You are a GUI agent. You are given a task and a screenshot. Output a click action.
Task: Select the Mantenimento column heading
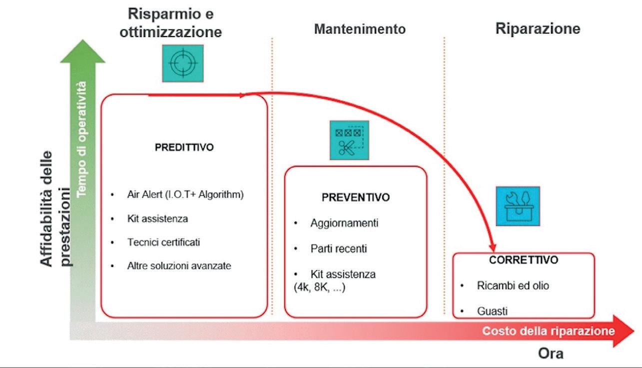[360, 29]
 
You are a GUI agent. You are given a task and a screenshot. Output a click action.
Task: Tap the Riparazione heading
[538, 29]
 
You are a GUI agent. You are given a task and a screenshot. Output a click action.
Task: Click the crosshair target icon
[182, 63]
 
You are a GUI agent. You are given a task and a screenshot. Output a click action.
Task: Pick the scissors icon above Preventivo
[349, 140]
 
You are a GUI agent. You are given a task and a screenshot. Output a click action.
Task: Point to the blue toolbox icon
[518, 206]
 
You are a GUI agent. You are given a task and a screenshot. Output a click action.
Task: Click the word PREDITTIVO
[184, 147]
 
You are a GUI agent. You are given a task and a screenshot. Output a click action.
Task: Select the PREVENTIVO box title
[355, 197]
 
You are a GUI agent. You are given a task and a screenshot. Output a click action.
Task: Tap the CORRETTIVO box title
[524, 260]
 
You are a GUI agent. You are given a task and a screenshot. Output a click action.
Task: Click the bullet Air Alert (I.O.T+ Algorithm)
[185, 195]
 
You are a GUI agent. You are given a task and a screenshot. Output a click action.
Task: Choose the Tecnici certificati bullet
[163, 242]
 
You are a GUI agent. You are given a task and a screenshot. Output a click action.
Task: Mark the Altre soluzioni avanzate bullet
[179, 266]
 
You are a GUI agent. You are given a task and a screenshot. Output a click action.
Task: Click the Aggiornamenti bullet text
[344, 223]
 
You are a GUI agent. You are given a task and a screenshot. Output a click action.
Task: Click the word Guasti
[492, 311]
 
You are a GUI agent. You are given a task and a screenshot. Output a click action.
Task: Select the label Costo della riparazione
[548, 331]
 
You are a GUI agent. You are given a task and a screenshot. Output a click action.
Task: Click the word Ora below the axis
[551, 354]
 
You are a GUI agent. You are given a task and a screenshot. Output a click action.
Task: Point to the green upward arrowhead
[83, 51]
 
